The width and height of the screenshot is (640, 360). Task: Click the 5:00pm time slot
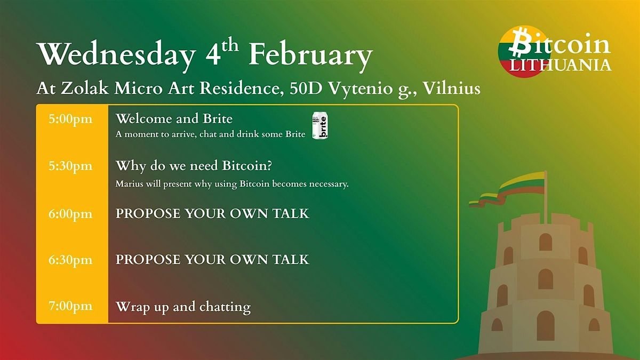[x=70, y=119]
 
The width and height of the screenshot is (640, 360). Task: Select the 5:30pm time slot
[x=70, y=166]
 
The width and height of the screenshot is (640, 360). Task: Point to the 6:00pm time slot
[x=70, y=213]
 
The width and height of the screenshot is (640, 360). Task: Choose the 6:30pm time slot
[x=70, y=260]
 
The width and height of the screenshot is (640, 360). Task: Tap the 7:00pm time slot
[x=70, y=306]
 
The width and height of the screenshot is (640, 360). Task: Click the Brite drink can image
[x=319, y=126]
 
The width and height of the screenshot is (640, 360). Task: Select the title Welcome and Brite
[x=174, y=118]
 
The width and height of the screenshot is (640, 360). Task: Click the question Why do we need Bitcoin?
[x=194, y=166]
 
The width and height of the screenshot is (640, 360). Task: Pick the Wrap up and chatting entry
[x=183, y=307]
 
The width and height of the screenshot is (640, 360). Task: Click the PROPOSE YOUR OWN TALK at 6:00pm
[x=212, y=213]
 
